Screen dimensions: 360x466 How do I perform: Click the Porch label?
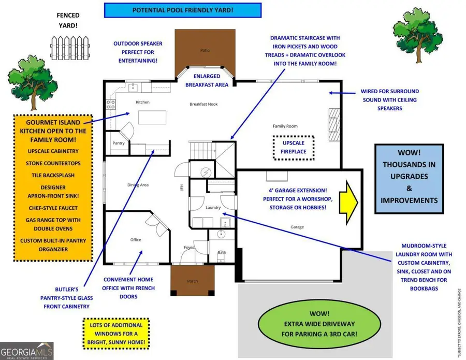[193, 281]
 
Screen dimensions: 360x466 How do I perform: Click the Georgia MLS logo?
[27, 350]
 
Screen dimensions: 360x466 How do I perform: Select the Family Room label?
[285, 126]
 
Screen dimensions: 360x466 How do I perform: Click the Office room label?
[135, 239]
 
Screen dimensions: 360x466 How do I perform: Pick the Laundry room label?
[213, 208]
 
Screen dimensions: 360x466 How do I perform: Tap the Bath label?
[222, 253]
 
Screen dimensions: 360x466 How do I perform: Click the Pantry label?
[119, 143]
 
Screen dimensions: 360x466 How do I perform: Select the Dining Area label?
[138, 185]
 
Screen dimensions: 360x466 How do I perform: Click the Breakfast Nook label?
[203, 104]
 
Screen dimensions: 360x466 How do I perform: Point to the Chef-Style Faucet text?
[54, 208]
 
